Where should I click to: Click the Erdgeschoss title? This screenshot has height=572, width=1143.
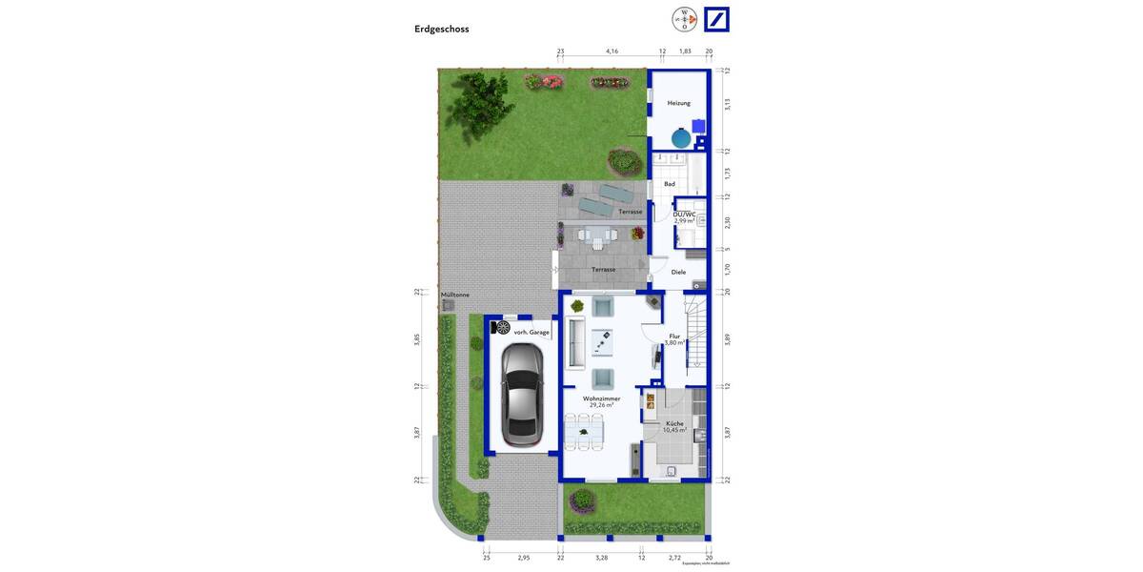[x=441, y=29]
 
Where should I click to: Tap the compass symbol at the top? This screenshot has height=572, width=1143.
[x=684, y=19]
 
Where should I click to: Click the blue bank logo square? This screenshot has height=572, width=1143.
[x=716, y=19]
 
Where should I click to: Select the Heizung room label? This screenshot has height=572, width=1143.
[x=678, y=103]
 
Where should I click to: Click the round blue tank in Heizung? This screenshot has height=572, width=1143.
[x=681, y=138]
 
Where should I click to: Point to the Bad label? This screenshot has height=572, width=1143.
[x=670, y=184]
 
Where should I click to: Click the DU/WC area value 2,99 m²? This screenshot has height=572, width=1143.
[x=685, y=221]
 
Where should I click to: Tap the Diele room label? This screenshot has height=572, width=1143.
[x=678, y=272]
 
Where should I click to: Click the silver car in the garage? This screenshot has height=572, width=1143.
[x=522, y=395]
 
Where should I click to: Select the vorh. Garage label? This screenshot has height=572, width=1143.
[x=531, y=332]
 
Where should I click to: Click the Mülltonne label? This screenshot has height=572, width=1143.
[x=455, y=295]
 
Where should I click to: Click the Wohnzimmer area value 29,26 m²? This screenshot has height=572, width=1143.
[x=601, y=405]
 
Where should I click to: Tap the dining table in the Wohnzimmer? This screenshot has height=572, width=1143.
[x=584, y=432]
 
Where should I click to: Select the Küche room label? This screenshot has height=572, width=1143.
[x=674, y=423]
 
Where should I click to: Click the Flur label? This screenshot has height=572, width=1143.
[x=674, y=336]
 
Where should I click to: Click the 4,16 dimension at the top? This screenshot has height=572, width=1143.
[x=612, y=51]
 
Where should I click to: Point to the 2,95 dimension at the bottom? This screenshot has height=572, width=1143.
[x=523, y=557]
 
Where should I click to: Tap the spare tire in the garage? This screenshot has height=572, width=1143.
[x=503, y=328]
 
